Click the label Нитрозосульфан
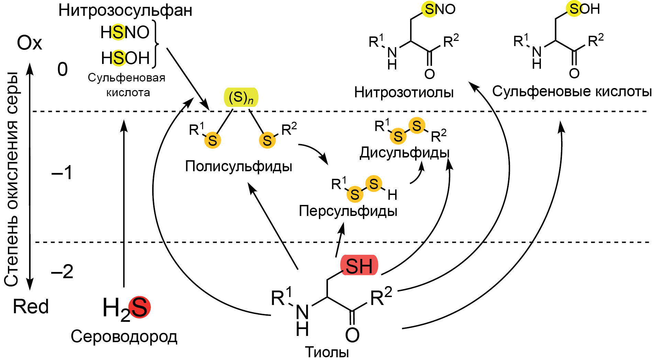pyautogui.click(x=125, y=10)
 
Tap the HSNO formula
pyautogui.click(x=125, y=33)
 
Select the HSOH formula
pyautogui.click(x=125, y=58)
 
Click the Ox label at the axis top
pyautogui.click(x=30, y=43)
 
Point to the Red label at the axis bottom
pyautogui.click(x=31, y=306)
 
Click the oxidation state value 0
pyautogui.click(x=63, y=69)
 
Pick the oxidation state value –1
pyautogui.click(x=62, y=172)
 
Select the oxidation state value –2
pyautogui.click(x=62, y=272)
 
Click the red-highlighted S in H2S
pyautogui.click(x=140, y=307)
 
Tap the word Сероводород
pyautogui.click(x=124, y=337)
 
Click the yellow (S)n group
pyautogui.click(x=241, y=97)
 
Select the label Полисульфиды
pyautogui.click(x=238, y=166)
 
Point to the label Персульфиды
pyautogui.click(x=348, y=211)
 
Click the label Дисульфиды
pyautogui.click(x=404, y=153)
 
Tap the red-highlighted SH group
pyautogui.click(x=359, y=266)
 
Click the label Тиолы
pyautogui.click(x=327, y=352)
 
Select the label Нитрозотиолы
pyautogui.click(x=404, y=92)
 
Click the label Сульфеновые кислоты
pyautogui.click(x=572, y=91)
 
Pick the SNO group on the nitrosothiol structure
pyautogui.click(x=440, y=9)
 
